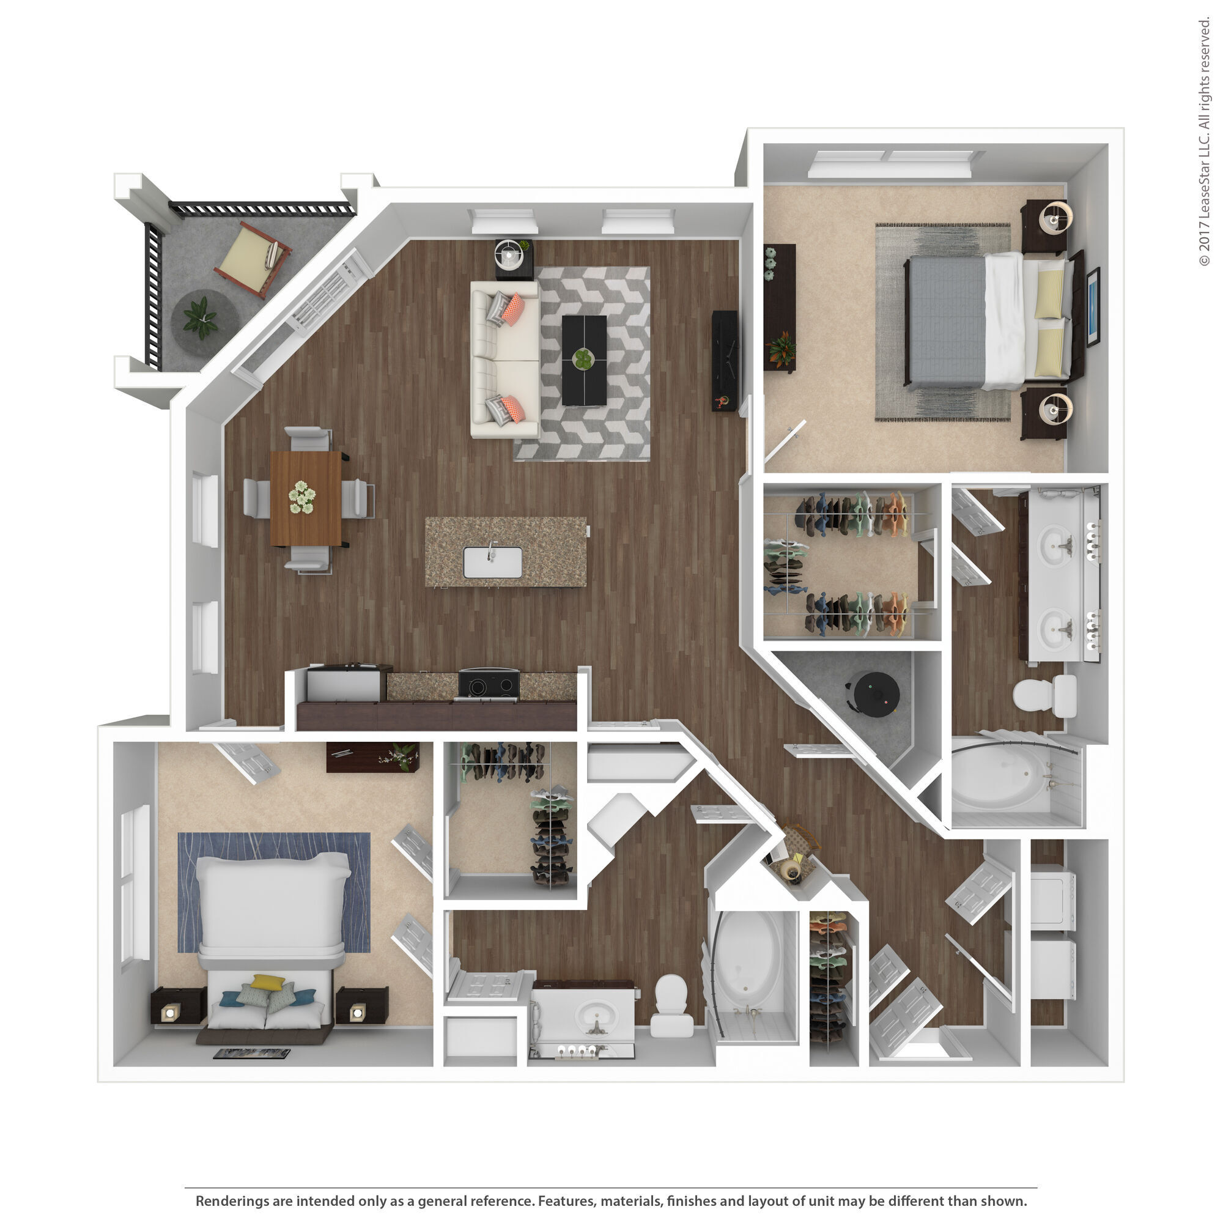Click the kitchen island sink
pyautogui.click(x=492, y=562)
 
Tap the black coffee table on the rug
pyautogui.click(x=583, y=360)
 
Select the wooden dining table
pyautogui.click(x=306, y=498)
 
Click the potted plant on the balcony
pyautogui.click(x=202, y=319)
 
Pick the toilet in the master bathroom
pyautogui.click(x=1045, y=696)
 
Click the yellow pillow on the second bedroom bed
pyautogui.click(x=268, y=982)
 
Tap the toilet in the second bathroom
pyautogui.click(x=671, y=1003)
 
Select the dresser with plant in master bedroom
pyautogui.click(x=779, y=308)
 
